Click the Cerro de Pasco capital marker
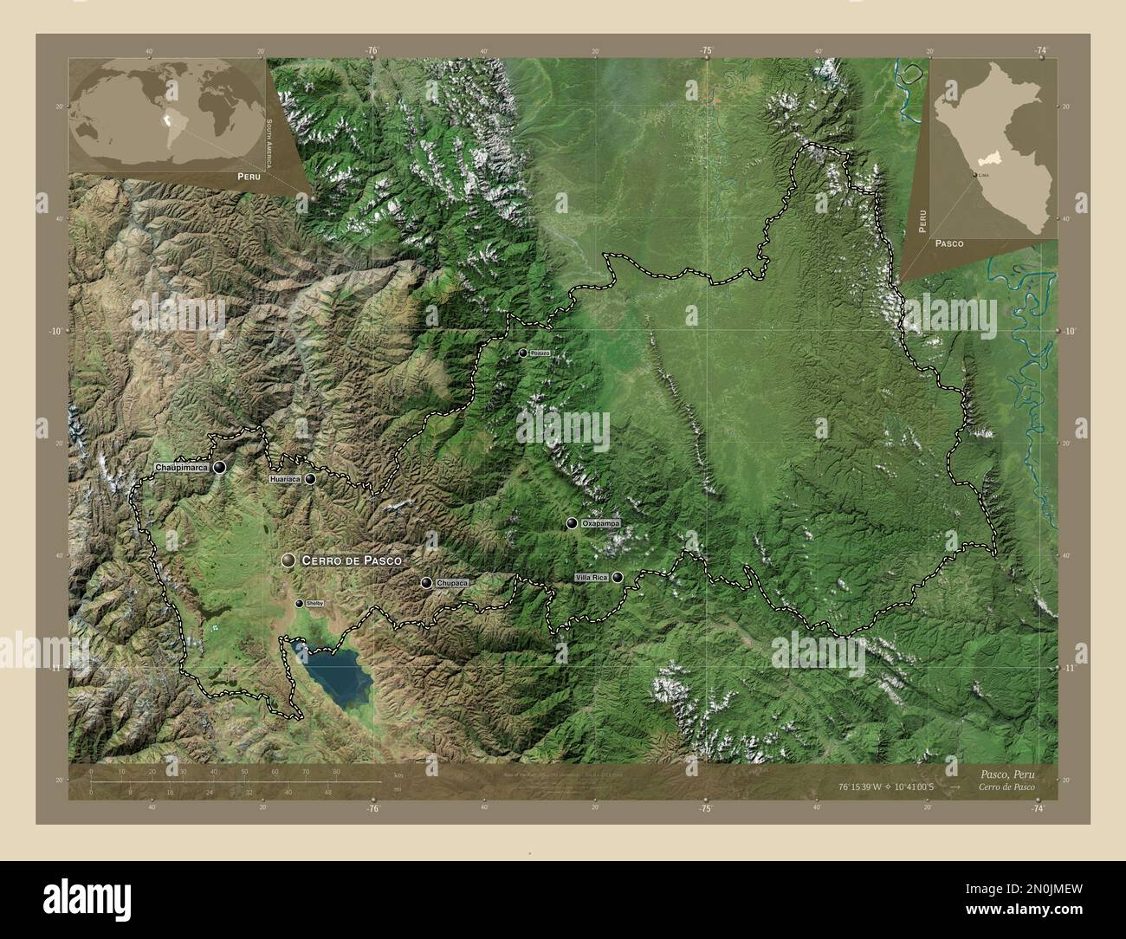288,561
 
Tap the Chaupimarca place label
181,468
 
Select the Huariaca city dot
309,478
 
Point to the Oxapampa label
601,523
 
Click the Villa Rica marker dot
618,577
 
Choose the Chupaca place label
452,584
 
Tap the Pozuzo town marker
522,353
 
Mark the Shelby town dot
300,603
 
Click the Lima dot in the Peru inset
975,175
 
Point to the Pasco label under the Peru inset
949,245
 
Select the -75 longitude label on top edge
706,51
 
